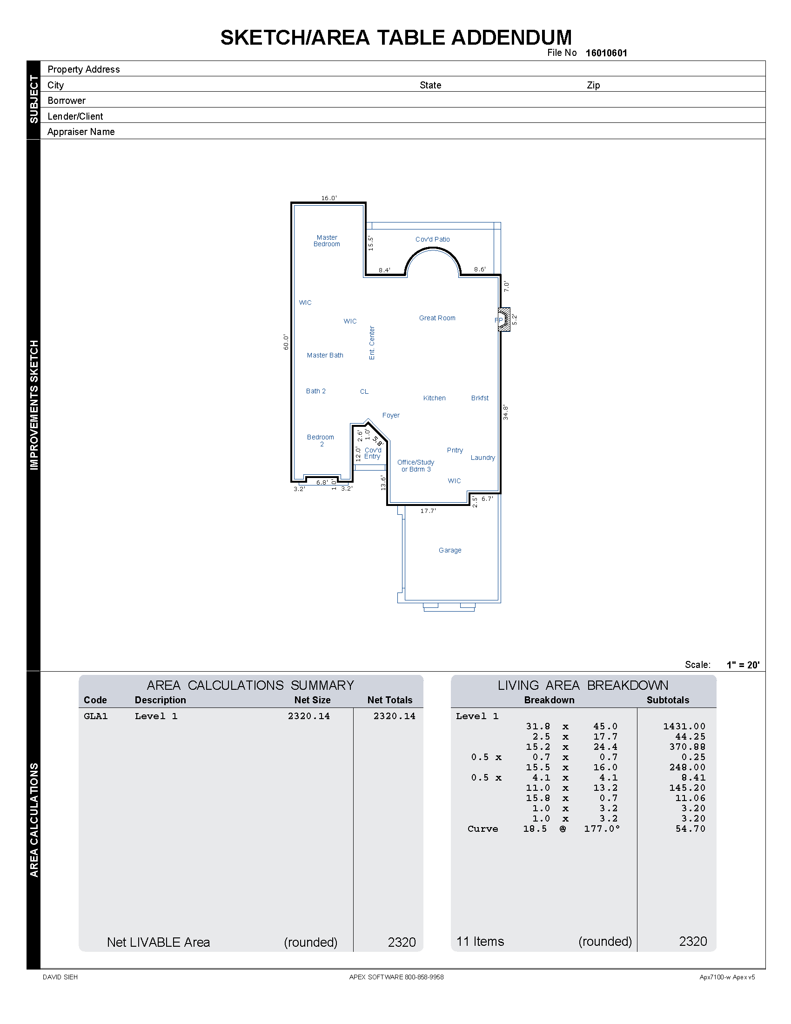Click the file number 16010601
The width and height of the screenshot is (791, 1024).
point(606,53)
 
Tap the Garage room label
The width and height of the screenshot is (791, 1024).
point(450,550)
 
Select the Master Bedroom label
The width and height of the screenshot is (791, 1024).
point(327,241)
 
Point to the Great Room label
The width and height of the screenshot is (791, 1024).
point(437,318)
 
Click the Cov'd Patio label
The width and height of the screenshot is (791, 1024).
point(432,239)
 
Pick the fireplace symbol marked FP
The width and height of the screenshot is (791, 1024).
point(503,320)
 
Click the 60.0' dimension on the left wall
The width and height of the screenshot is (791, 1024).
point(286,342)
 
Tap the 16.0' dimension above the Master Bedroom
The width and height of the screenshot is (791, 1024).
point(328,198)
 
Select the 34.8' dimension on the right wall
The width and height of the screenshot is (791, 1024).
point(505,412)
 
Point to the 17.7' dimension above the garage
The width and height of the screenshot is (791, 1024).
point(428,511)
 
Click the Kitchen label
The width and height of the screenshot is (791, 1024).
point(434,398)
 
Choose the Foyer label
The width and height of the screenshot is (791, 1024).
point(390,415)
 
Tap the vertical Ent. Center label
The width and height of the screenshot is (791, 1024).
point(372,343)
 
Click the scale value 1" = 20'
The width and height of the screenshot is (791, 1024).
point(743,664)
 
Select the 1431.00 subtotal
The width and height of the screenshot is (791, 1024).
point(684,726)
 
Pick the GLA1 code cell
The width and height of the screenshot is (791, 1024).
point(95,716)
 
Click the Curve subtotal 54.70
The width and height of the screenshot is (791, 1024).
point(690,829)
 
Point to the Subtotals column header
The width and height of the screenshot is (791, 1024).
point(667,700)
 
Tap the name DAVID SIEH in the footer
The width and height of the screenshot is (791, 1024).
point(60,977)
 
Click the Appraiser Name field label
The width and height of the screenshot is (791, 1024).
point(80,132)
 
